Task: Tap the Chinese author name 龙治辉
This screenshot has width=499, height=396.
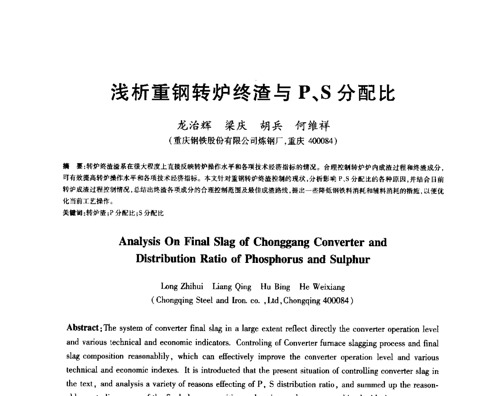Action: point(194,125)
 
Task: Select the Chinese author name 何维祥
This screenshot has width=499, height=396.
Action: point(312,125)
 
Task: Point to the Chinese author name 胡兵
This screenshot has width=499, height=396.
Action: point(271,125)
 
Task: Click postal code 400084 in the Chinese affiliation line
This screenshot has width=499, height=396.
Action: point(320,141)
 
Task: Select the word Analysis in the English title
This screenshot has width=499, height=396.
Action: point(140,242)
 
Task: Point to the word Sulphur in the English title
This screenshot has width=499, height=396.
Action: point(349,259)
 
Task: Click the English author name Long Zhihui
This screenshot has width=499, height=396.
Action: point(182,287)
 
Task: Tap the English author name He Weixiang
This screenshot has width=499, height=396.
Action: point(322,287)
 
